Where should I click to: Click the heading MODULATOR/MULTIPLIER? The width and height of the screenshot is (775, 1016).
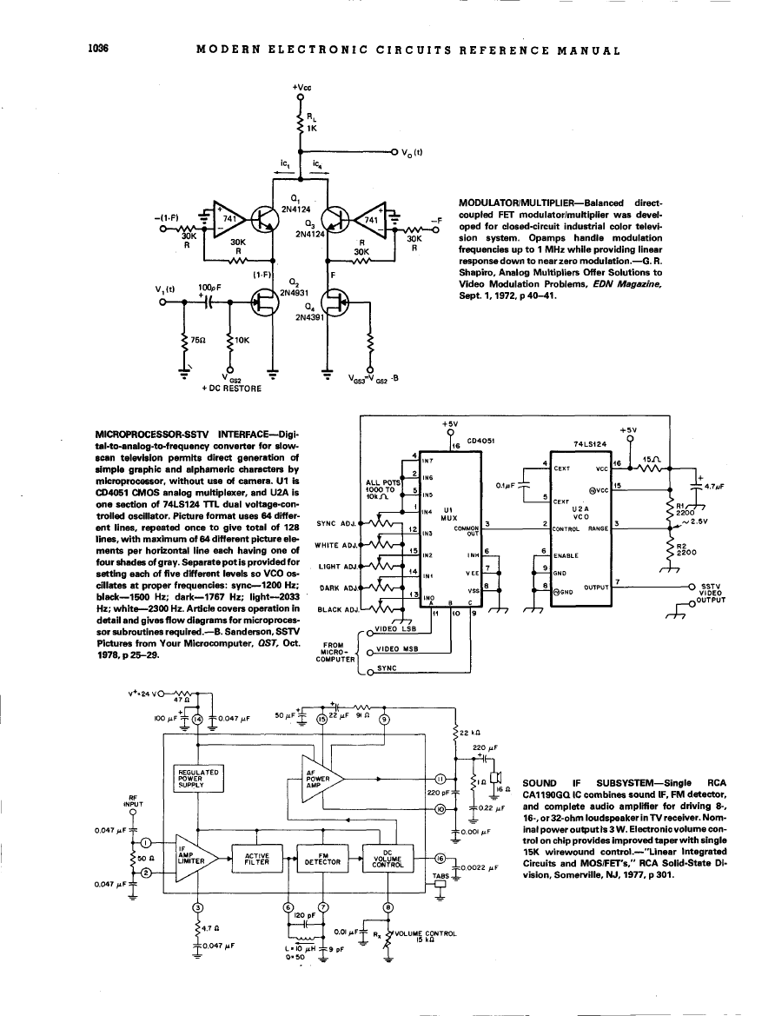click(515, 201)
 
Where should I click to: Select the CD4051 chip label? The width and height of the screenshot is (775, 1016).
click(480, 441)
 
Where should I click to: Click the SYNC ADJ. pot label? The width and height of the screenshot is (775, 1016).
click(337, 524)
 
